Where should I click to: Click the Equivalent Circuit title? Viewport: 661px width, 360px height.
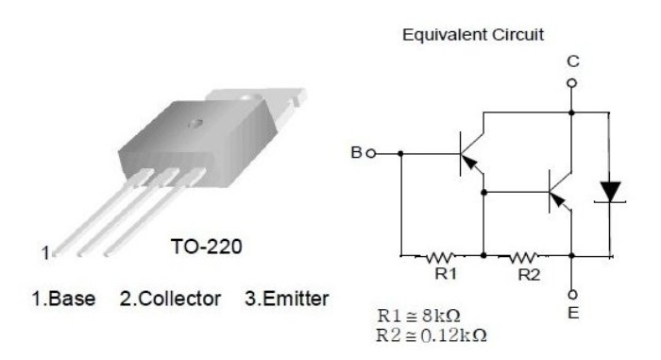pos(473,35)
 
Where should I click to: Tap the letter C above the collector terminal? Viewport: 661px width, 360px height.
pos(573,61)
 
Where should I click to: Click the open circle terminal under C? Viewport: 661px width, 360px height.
pos(571,83)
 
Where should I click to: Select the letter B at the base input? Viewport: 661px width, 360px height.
pos(357,152)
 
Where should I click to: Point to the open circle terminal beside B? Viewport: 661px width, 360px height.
pos(370,154)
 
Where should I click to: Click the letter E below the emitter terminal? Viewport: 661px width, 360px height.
pos(573,313)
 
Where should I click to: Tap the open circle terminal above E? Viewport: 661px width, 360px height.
pos(572,294)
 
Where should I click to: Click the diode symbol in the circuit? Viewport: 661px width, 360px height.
pos(610,192)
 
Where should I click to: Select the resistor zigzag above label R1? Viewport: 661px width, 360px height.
pos(440,257)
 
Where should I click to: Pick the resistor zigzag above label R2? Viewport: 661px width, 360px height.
pos(523,257)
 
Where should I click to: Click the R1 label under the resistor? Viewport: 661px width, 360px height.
pos(446,274)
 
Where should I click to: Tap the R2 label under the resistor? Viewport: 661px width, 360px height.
pos(529,275)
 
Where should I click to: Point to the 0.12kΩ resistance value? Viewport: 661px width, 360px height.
pos(454,335)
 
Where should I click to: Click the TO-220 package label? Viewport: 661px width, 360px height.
pos(207,247)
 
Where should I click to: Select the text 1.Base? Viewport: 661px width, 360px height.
pos(63,299)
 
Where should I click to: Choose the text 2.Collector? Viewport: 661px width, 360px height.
pos(170,299)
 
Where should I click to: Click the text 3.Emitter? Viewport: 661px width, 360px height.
pos(287,299)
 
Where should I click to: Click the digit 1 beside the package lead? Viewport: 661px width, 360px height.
pos(45,253)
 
